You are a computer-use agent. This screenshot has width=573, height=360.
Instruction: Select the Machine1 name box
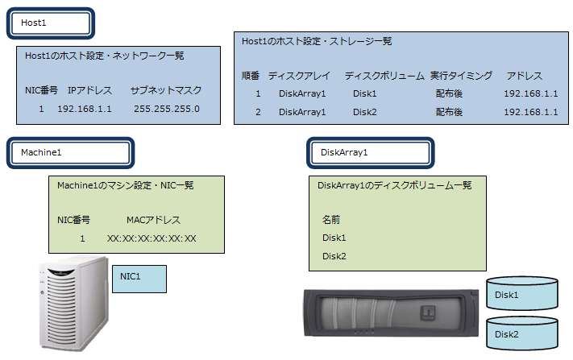[x=71, y=151]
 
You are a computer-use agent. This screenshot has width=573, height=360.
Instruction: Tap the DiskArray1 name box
[x=372, y=151]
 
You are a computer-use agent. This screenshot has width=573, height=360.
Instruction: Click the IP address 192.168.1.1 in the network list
[x=85, y=109]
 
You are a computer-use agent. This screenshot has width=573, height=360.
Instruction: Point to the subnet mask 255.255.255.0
[x=166, y=109]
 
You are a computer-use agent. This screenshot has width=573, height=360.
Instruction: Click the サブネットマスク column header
[x=166, y=89]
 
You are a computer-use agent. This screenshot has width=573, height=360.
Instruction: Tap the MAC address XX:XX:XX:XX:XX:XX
[x=152, y=238]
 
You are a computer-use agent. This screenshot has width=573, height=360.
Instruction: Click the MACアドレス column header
[x=153, y=219]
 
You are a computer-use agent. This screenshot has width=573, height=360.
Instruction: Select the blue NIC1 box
[x=138, y=279]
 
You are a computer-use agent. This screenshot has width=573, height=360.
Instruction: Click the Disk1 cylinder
[x=522, y=295]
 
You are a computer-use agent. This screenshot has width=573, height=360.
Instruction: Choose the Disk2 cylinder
[x=522, y=333]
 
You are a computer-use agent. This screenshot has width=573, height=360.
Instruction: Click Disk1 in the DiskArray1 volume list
[x=334, y=238]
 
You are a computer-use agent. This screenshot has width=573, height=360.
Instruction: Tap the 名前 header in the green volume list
[x=331, y=219]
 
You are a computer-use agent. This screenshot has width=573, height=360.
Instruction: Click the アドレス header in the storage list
[x=524, y=76]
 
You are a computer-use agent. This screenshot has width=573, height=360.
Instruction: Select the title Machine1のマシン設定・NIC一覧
[x=125, y=185]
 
